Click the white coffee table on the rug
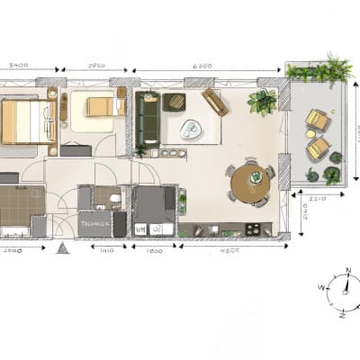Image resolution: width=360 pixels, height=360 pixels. (x=191, y=130)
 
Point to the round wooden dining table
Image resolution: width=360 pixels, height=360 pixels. (x=249, y=183)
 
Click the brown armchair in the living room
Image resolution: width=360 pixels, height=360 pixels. (x=214, y=101)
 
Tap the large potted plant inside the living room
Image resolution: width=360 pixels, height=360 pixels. (x=263, y=102)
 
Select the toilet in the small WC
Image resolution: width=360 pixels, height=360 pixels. (x=115, y=201)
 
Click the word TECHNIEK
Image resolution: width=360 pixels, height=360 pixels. (x=94, y=222)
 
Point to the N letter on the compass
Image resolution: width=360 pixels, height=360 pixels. (x=347, y=270)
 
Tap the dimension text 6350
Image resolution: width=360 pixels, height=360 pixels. (x=203, y=66)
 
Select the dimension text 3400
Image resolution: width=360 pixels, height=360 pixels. (x=18, y=66)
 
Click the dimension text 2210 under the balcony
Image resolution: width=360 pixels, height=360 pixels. (x=316, y=198)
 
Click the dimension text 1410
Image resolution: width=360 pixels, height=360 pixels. (x=106, y=249)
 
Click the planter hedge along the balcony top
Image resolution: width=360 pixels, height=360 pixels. (x=318, y=72)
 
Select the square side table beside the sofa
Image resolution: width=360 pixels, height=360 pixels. (x=175, y=102)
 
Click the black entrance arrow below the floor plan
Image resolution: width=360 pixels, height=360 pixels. (x=62, y=247)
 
